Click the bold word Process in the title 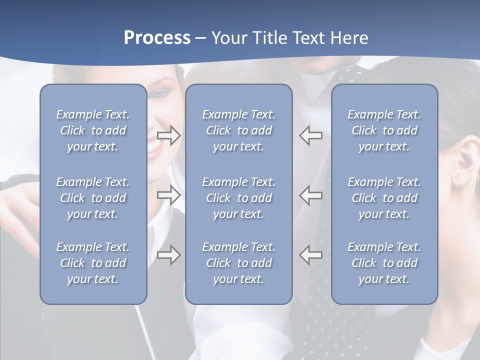pyautogui.click(x=157, y=38)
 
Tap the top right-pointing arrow pyautogui.click(x=168, y=135)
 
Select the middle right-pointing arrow pyautogui.click(x=168, y=194)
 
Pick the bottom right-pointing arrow pyautogui.click(x=168, y=255)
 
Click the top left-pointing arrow pyautogui.click(x=310, y=135)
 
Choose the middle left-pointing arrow pyautogui.click(x=310, y=194)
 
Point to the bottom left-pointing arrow pyautogui.click(x=310, y=255)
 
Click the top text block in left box pyautogui.click(x=93, y=130)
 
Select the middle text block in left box pyautogui.click(x=93, y=198)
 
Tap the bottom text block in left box pyautogui.click(x=93, y=263)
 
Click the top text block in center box pyautogui.click(x=238, y=130)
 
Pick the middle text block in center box pyautogui.click(x=238, y=198)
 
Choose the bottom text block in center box pyautogui.click(x=238, y=263)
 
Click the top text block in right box pyautogui.click(x=384, y=130)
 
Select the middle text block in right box pyautogui.click(x=384, y=198)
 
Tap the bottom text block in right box pyautogui.click(x=384, y=263)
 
